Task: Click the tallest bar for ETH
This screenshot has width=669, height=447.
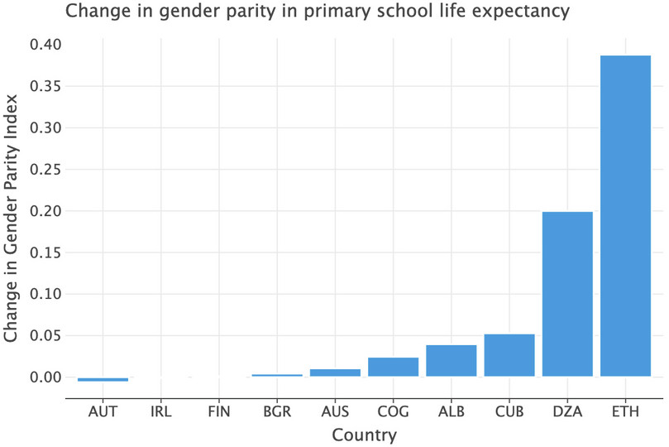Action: click(625, 216)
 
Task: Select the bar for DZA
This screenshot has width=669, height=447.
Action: click(567, 294)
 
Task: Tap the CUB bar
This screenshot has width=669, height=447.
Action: click(509, 355)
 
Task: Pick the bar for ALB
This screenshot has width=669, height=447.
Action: click(452, 361)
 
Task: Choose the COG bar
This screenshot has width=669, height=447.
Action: click(393, 367)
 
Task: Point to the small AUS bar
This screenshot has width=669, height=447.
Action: click(335, 372)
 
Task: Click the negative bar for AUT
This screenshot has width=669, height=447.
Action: click(103, 379)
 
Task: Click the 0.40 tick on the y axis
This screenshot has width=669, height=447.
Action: click(45, 45)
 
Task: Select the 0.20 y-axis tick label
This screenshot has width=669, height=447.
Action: click(45, 211)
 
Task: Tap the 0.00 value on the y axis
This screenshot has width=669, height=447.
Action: click(45, 377)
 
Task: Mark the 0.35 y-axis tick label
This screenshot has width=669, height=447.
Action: click(45, 86)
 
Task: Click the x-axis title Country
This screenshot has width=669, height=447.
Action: click(364, 435)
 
